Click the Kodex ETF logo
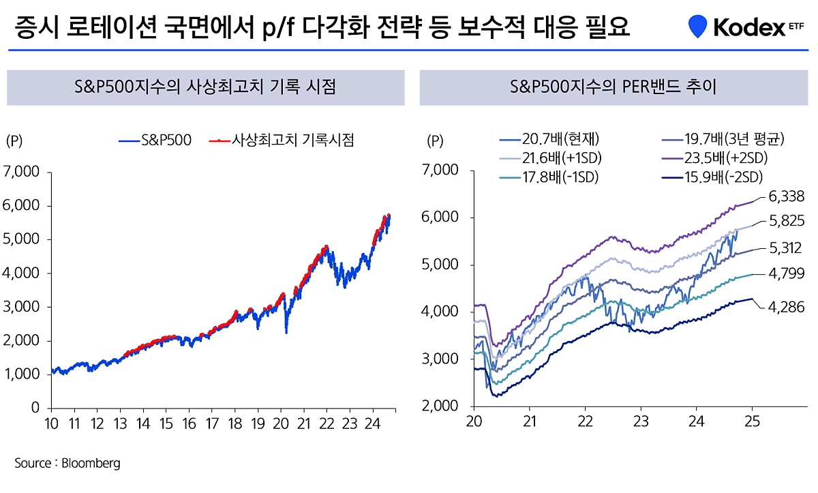(746, 28)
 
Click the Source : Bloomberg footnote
(67, 463)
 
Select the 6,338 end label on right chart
(786, 197)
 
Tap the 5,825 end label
(786, 221)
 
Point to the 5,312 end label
(786, 248)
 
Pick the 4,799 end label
(786, 274)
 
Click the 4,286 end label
(786, 307)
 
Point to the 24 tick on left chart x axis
(372, 423)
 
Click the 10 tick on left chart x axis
(52, 423)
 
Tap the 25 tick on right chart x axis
(751, 421)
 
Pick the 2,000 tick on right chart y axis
(442, 406)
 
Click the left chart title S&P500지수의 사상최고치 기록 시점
(205, 87)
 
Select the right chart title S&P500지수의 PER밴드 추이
(613, 87)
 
